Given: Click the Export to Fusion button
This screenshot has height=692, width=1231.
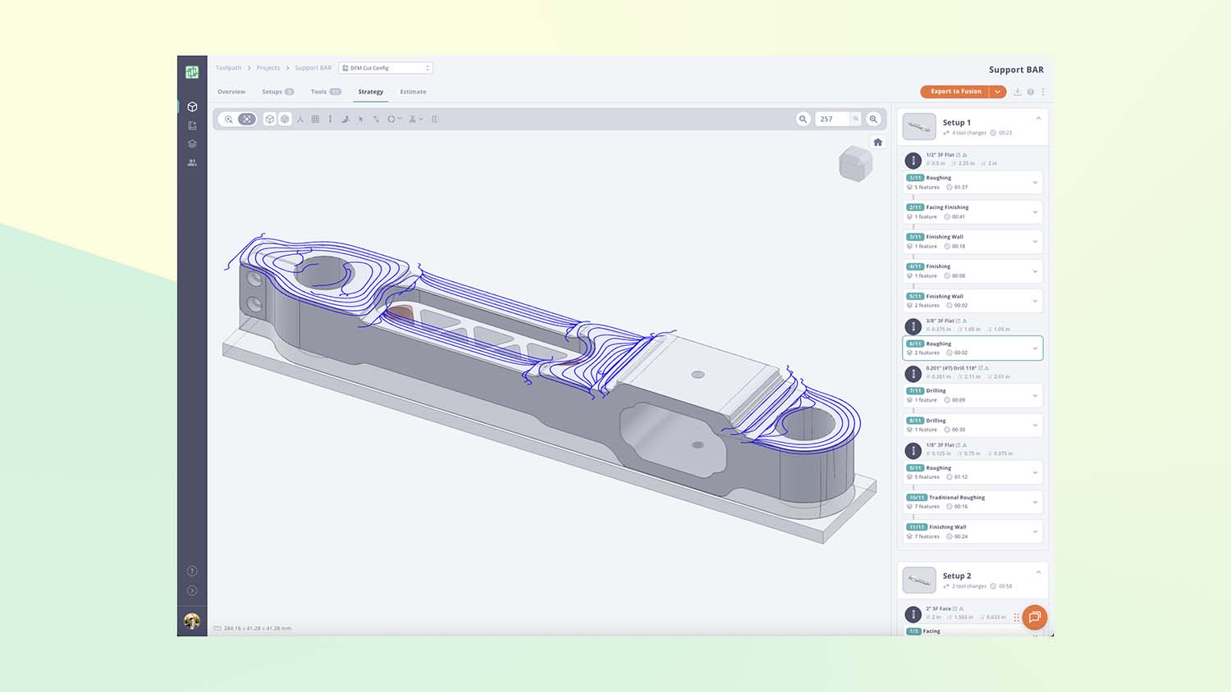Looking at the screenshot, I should click(955, 92).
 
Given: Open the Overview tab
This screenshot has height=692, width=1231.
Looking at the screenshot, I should click(231, 92).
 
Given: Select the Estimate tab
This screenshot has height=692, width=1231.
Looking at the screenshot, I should click(413, 92).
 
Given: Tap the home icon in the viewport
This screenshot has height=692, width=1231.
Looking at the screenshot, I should click(877, 142).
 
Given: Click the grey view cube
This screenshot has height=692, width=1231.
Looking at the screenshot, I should click(854, 164).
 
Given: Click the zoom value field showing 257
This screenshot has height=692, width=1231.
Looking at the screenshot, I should click(831, 119).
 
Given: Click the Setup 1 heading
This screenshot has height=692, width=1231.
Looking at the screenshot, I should click(956, 123).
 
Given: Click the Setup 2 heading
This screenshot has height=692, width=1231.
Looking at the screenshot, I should click(957, 576).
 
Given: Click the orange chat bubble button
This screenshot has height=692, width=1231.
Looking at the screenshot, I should click(1035, 617).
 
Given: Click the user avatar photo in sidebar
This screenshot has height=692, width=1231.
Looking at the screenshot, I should click(192, 621).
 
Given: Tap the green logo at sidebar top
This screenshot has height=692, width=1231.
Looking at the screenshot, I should click(192, 72).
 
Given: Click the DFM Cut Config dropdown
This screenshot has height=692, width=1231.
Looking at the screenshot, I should click(385, 68).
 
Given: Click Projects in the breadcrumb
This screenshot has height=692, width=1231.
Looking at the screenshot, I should click(268, 68).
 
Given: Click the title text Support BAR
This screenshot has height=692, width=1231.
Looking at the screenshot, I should click(1016, 70).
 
